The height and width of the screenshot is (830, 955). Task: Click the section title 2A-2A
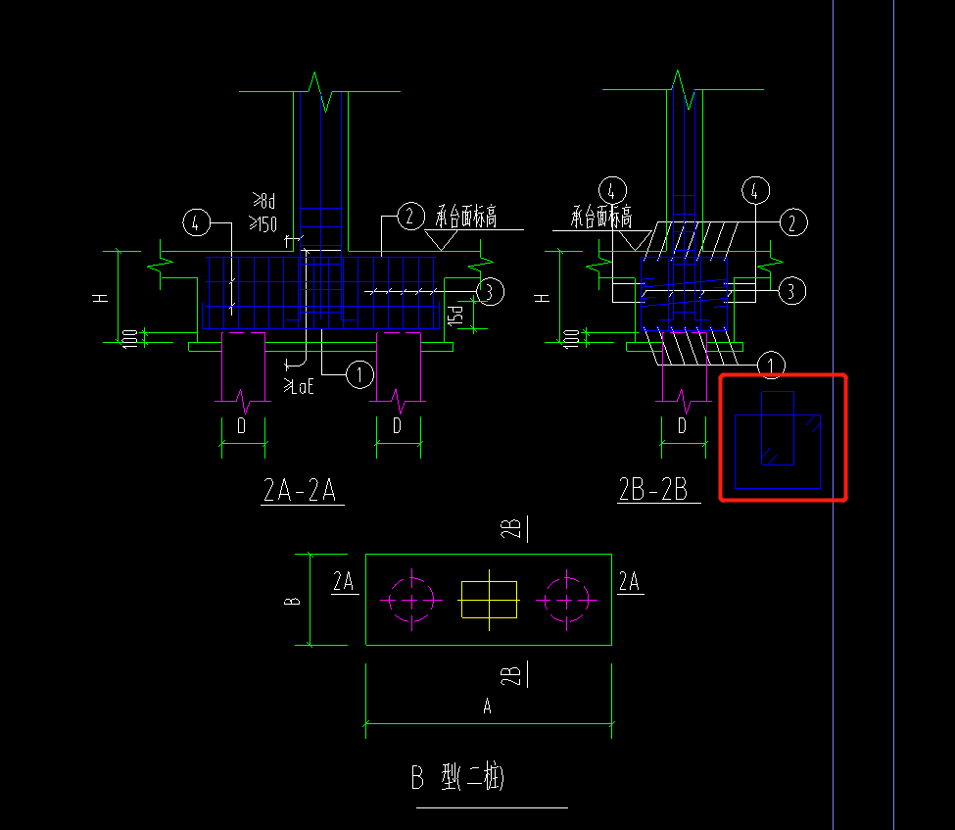300,490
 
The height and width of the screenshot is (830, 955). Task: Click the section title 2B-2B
657,490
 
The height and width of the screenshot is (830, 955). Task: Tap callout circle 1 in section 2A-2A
360,372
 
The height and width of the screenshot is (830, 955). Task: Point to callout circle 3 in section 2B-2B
791,290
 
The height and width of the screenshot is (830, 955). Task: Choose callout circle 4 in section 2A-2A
197,223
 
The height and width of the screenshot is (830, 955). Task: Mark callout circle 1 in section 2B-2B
772,366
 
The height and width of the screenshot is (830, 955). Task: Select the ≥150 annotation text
264,224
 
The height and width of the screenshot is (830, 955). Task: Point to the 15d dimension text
456,314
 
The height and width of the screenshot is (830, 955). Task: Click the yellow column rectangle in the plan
489,599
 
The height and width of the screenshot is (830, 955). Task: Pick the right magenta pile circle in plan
564,600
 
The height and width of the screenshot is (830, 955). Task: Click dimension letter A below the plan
488,707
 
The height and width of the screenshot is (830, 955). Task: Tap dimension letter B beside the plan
292,599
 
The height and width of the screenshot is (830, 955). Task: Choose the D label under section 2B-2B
683,426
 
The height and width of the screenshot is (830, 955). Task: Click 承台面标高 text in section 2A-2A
466,217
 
